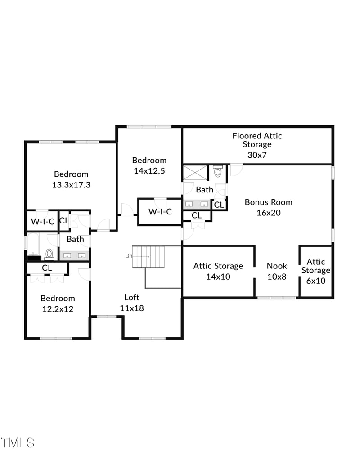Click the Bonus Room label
[x=268, y=202]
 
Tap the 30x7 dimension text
[x=257, y=154]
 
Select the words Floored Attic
[x=257, y=135]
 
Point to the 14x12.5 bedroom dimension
[x=149, y=171]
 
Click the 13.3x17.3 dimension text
[x=71, y=184]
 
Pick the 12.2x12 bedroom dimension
[x=58, y=309]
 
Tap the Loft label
[x=132, y=298]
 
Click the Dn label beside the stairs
[x=128, y=256]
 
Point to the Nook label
[x=277, y=266]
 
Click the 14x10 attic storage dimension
[x=218, y=277]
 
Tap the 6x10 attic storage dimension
[x=315, y=281]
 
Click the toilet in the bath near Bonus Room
[x=218, y=171]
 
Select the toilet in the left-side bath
[x=49, y=254]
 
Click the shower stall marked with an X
[x=195, y=173]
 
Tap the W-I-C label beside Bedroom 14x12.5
[x=160, y=211]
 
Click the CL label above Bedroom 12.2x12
[x=47, y=268]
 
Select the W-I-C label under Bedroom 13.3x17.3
[x=42, y=221]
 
